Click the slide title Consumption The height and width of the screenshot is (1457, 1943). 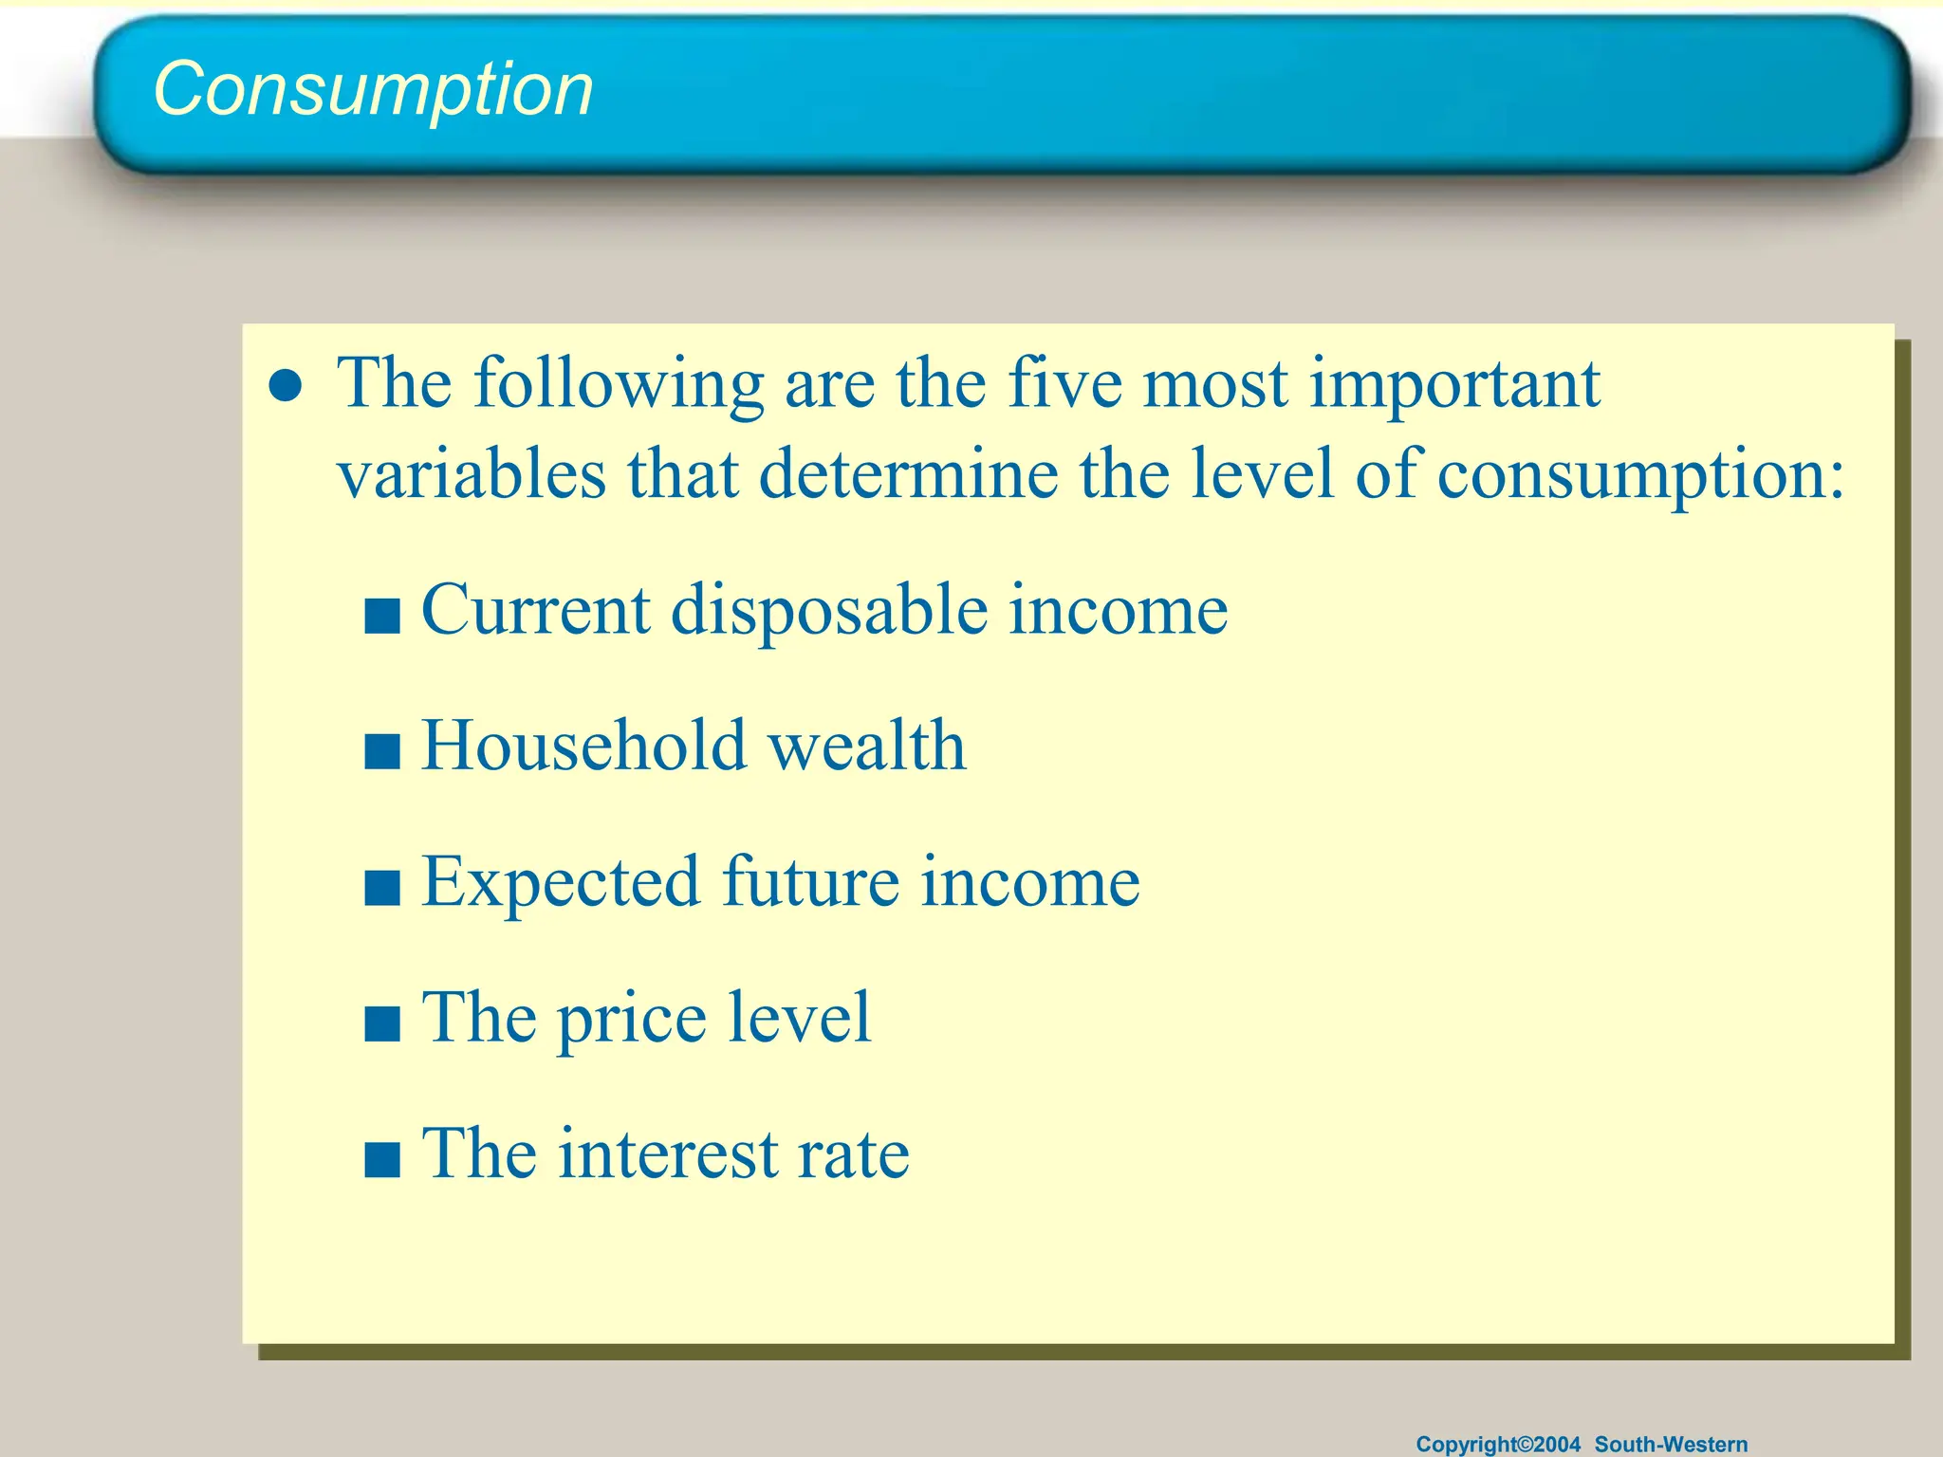click(373, 89)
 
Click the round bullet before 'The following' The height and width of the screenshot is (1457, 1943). click(286, 386)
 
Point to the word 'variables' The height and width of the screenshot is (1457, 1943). click(472, 473)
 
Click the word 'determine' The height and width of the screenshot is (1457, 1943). click(908, 473)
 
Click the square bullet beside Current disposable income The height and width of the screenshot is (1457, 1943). click(382, 616)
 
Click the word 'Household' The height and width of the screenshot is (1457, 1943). click(583, 746)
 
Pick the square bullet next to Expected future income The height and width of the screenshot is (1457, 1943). click(382, 889)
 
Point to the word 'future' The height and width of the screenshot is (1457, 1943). click(810, 882)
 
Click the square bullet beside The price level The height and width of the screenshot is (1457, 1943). click(382, 1024)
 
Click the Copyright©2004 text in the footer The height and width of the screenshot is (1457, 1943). click(1498, 1444)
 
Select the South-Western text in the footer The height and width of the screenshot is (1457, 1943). click(1671, 1444)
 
